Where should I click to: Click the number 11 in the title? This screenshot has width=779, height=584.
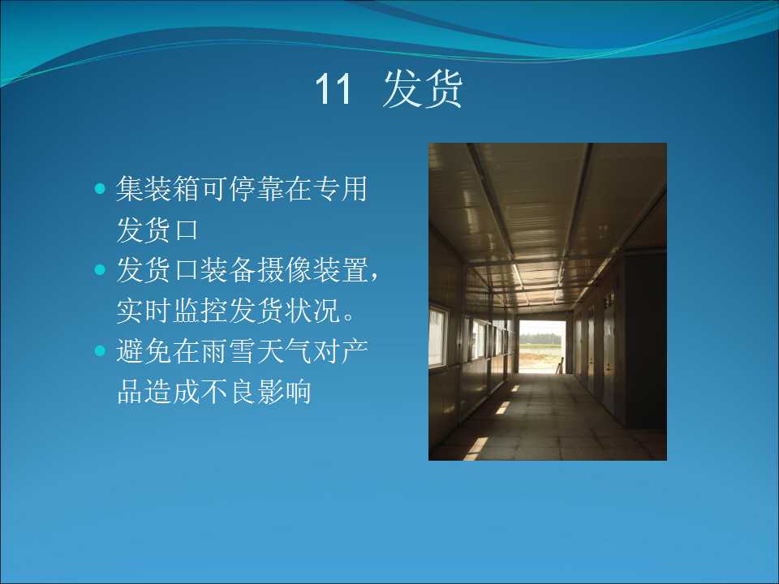(334, 89)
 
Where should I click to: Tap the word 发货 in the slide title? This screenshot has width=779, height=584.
(423, 88)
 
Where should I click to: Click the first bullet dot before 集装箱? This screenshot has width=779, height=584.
(100, 189)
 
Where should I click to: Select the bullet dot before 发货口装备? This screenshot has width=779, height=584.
(100, 269)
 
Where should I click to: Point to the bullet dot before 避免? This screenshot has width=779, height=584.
(100, 350)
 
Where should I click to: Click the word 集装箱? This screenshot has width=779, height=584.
(158, 189)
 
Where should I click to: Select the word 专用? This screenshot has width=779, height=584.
(339, 189)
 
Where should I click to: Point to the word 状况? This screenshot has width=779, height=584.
(312, 311)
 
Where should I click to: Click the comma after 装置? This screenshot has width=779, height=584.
(374, 276)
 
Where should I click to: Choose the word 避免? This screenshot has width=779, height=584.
(144, 350)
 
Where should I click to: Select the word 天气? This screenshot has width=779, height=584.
(284, 350)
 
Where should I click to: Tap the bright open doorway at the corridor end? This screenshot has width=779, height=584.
(541, 346)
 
